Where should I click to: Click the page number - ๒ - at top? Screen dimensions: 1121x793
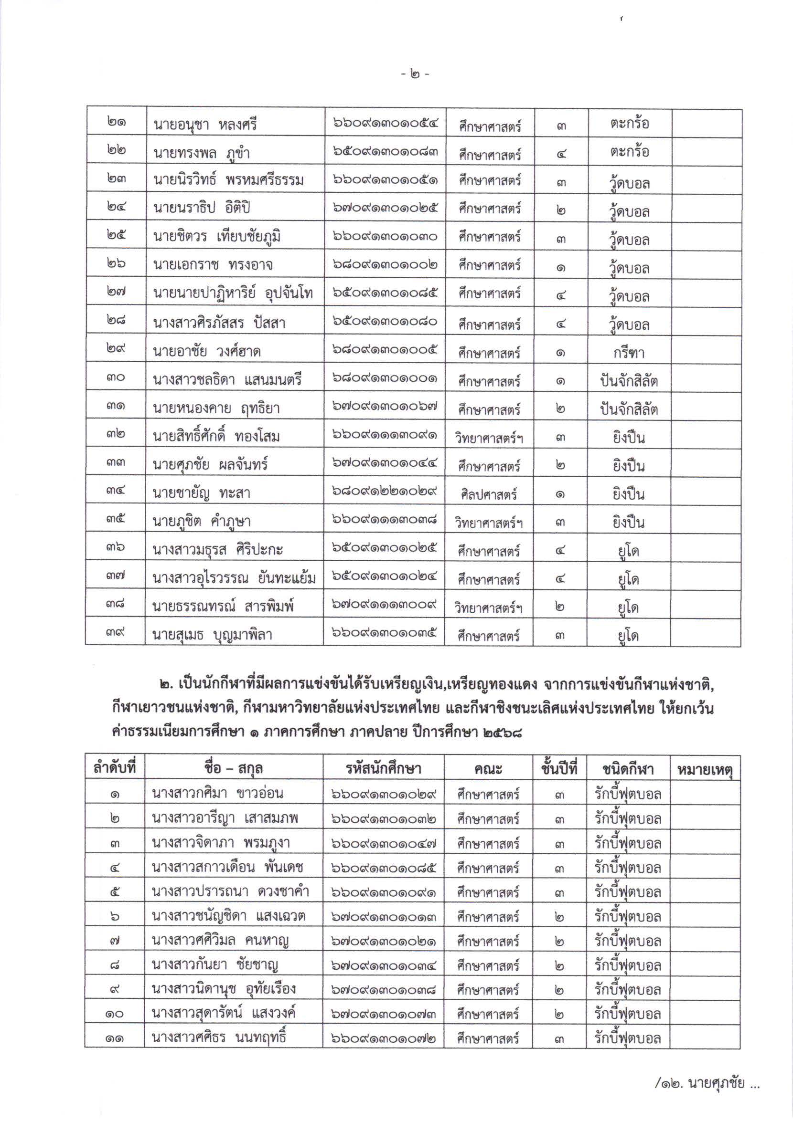(x=415, y=74)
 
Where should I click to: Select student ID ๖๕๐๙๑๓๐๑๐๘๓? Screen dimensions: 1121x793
(x=386, y=152)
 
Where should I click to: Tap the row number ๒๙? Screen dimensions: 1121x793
(x=116, y=348)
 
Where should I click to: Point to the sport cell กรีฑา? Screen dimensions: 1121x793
(x=629, y=353)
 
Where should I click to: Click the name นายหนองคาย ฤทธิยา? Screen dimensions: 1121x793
(x=216, y=408)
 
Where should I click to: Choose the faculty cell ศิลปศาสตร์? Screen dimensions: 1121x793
(x=489, y=494)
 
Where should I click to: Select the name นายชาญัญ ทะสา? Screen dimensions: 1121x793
(x=201, y=493)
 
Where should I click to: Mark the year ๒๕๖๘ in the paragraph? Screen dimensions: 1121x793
(x=502, y=733)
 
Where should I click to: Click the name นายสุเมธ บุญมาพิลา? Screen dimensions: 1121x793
(x=212, y=635)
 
